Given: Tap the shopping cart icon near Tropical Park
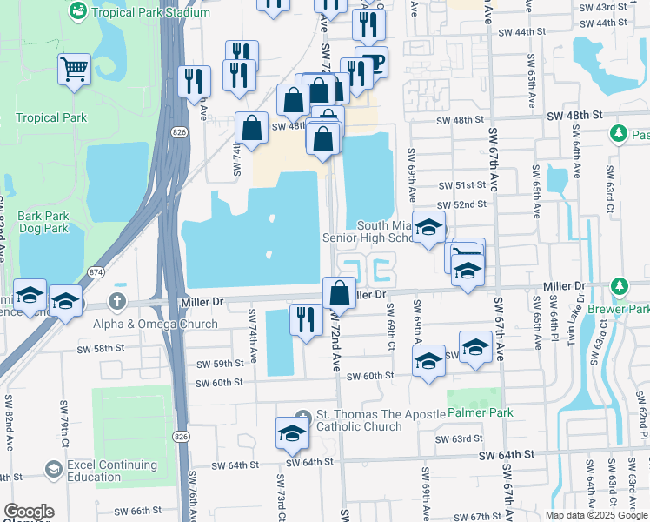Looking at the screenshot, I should [x=75, y=69].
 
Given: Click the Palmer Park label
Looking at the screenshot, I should [x=480, y=412].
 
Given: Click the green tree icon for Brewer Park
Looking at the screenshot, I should [x=619, y=285].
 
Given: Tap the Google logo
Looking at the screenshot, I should [x=28, y=512].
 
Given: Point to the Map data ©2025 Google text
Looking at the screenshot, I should [x=596, y=515].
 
